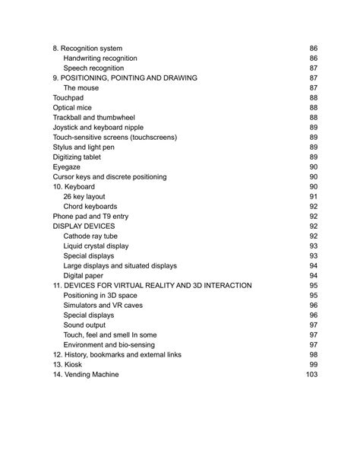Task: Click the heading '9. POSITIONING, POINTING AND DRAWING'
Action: point(125,78)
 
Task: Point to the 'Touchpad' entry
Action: point(68,98)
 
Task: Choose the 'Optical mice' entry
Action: point(72,108)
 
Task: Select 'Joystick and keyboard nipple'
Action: point(96,128)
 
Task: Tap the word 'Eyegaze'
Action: point(67,167)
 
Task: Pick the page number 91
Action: point(313,197)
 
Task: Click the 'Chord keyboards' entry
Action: point(90,207)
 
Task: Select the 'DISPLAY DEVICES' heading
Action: point(84,227)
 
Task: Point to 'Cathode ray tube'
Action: point(92,236)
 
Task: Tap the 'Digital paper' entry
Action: point(86,276)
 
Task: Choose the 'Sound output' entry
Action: point(85,325)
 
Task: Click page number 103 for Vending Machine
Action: point(311,375)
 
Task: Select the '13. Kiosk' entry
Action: point(68,365)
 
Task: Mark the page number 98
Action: point(313,355)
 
